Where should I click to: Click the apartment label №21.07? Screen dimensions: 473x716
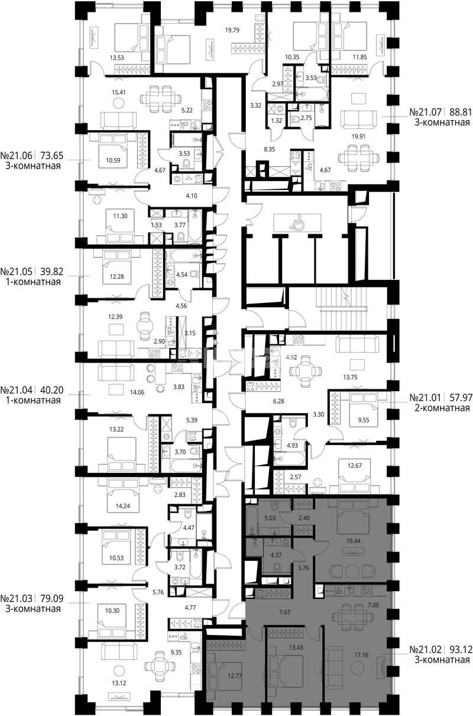426,112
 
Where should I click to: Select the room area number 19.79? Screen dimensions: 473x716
232,30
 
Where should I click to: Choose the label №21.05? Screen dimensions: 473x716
16,272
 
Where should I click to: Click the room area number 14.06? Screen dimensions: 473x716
137,392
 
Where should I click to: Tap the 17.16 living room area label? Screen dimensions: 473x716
361,655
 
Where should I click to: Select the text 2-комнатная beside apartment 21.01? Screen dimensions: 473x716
442,408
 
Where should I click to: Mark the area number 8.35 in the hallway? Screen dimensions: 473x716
270,149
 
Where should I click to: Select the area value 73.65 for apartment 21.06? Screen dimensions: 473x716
52,156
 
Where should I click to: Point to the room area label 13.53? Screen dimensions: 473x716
117,58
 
